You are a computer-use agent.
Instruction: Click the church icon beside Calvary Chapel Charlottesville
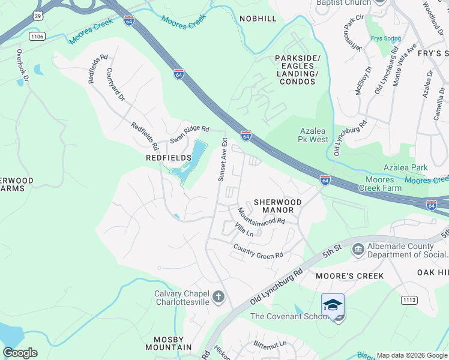coord(218,297)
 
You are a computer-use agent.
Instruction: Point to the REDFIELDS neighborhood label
coord(169,157)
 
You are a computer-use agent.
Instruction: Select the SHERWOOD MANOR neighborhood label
coord(277,206)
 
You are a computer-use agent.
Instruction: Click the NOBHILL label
coord(258,19)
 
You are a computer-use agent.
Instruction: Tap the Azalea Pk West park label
coord(314,135)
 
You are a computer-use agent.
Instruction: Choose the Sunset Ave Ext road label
coord(223,160)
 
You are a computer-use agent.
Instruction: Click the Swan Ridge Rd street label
coord(189,134)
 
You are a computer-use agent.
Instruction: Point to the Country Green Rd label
coord(258,251)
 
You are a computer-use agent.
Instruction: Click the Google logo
coord(20,352)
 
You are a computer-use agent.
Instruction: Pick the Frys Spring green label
coord(385,39)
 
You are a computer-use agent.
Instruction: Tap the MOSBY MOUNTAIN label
coord(169,343)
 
